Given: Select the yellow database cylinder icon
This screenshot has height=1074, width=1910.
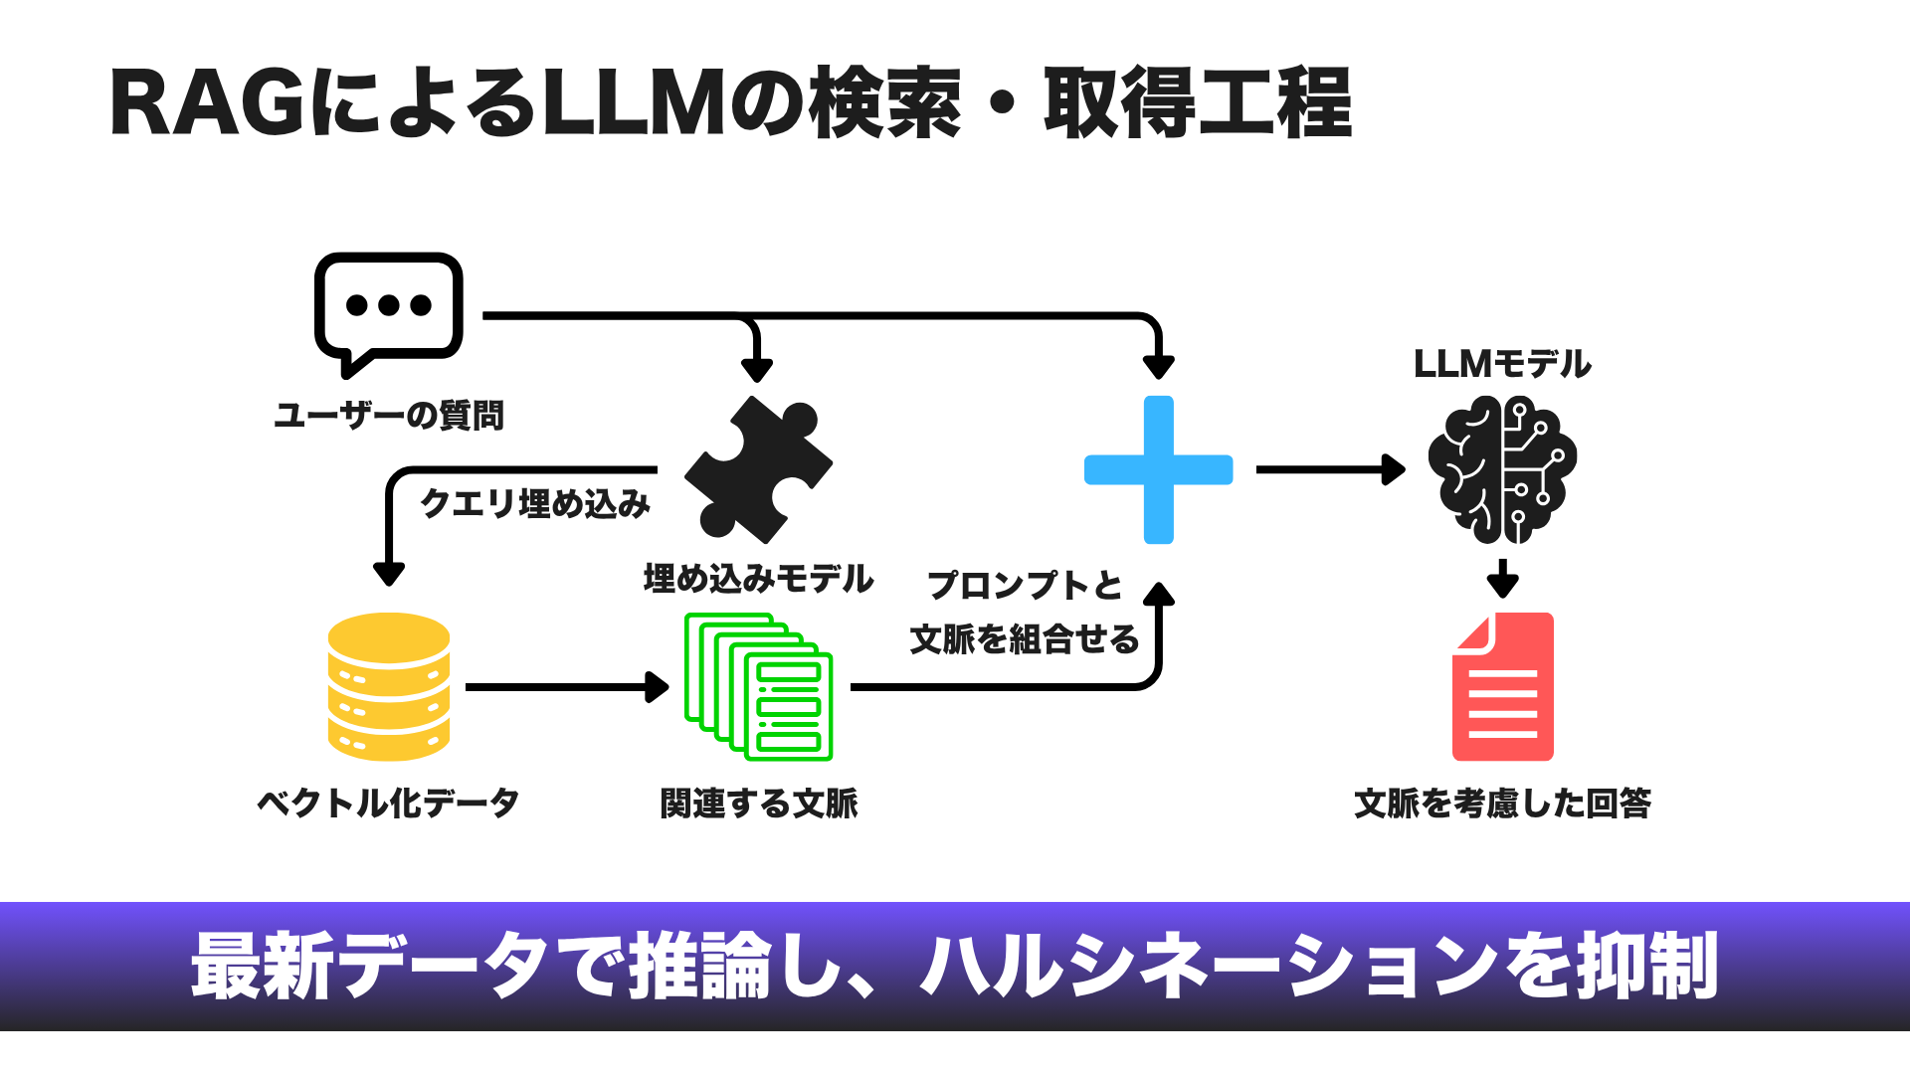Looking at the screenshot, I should click(x=389, y=686).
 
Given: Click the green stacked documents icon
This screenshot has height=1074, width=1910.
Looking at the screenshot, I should click(x=758, y=686).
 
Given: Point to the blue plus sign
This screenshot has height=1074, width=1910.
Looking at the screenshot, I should click(x=1159, y=469).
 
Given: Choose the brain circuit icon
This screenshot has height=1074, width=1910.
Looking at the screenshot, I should click(x=1502, y=469).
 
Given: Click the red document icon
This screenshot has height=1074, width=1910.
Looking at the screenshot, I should click(x=1502, y=686).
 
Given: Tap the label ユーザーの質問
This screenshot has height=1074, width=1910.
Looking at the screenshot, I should click(x=389, y=415).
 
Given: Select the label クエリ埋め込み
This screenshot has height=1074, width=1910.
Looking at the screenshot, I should click(x=535, y=503).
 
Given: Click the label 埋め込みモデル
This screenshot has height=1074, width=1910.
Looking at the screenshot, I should click(x=758, y=579).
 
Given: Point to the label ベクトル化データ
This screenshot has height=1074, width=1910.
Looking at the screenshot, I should click(x=389, y=803).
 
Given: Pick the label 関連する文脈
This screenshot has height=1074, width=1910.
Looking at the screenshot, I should click(x=758, y=803).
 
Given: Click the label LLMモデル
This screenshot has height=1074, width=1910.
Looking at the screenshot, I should click(x=1502, y=364).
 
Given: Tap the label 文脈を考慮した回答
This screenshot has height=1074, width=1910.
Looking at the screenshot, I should click(x=1502, y=803).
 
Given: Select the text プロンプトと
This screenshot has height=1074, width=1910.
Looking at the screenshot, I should click(x=1025, y=585).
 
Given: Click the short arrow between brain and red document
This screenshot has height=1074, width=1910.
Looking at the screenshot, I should click(x=1502, y=578).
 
